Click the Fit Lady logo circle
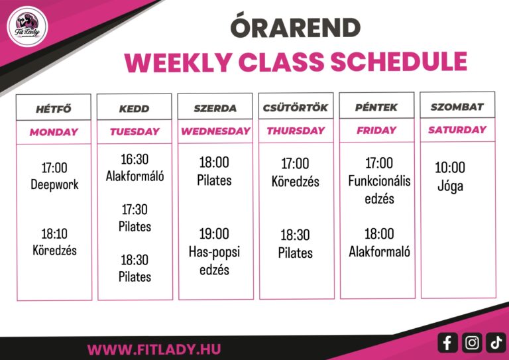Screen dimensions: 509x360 click(27, 27)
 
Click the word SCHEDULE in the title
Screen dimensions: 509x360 click(398, 61)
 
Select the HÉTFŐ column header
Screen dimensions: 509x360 click(54, 109)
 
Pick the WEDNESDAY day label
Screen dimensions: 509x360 click(215, 131)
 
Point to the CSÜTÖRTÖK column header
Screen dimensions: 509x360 click(296, 107)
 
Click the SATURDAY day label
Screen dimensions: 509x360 click(457, 130)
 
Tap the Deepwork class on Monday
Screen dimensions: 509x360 click(54, 184)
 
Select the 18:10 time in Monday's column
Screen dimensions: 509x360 click(54, 233)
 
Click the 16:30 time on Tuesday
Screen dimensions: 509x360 click(135, 159)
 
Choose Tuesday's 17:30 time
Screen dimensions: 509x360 click(135, 210)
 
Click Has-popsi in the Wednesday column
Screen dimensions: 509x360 click(214, 252)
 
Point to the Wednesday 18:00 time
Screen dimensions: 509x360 click(214, 162)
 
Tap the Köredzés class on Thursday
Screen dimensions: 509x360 click(296, 182)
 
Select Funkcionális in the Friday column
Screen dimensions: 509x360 click(379, 181)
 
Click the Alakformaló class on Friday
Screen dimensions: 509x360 click(379, 251)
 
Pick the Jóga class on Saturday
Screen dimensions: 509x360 click(450, 186)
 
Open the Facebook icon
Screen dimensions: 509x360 click(447, 343)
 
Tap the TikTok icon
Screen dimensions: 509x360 click(496, 343)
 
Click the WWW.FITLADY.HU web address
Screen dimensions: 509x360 click(154, 349)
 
